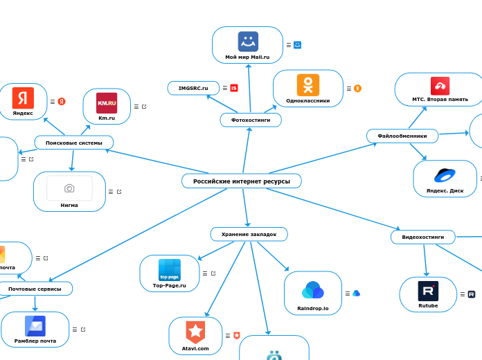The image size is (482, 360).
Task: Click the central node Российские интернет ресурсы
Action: (x=241, y=181)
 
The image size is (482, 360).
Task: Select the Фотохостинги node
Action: (x=251, y=120)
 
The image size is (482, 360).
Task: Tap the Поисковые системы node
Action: (x=73, y=143)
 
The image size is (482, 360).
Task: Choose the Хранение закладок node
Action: (x=249, y=235)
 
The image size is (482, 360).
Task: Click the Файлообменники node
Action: (x=402, y=135)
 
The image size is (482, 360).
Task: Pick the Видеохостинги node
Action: (x=422, y=237)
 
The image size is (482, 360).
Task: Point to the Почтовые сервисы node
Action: (x=35, y=288)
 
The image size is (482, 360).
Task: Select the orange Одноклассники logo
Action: (x=308, y=85)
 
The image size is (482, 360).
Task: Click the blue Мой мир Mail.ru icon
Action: (x=247, y=42)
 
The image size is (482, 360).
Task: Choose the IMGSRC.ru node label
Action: (x=193, y=88)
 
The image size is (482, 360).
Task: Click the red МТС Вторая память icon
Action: (x=440, y=86)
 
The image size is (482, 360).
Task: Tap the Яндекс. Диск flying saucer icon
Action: (x=445, y=174)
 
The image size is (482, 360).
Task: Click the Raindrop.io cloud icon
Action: (x=313, y=290)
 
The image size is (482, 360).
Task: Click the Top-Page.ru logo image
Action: (x=169, y=269)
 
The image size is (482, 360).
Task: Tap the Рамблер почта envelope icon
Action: (x=35, y=325)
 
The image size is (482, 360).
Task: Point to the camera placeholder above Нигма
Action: (x=69, y=188)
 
